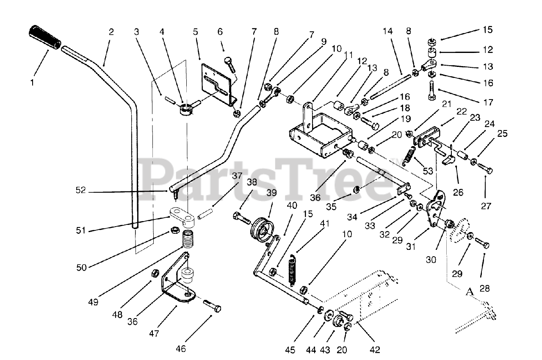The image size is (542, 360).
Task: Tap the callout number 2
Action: tap(111, 32)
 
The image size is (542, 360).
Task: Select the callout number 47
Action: tap(154, 333)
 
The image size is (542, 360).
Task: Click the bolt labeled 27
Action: tap(485, 169)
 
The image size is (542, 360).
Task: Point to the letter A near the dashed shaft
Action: tap(469, 291)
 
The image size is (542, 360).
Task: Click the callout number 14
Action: tap(388, 32)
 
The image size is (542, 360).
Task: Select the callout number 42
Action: tap(375, 349)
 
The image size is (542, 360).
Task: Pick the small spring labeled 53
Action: tap(409, 155)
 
